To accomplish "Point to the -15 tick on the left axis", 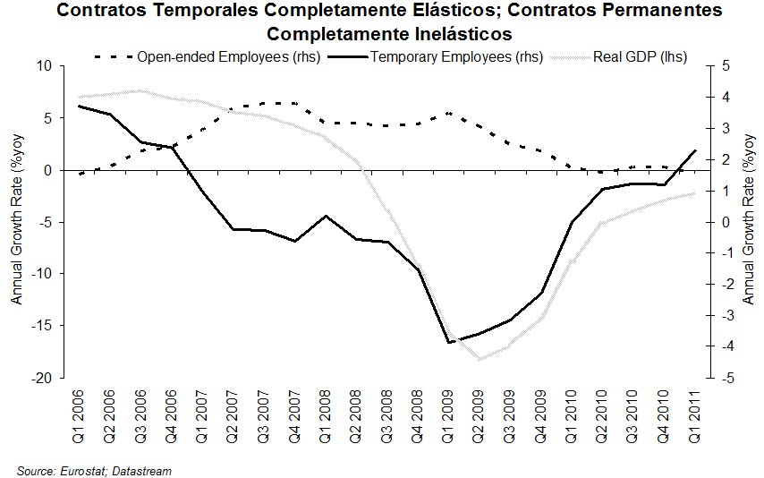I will pyautogui.click(x=41, y=326).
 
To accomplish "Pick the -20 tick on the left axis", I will pyautogui.click(x=41, y=379).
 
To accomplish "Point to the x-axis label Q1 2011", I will pyautogui.click(x=694, y=408).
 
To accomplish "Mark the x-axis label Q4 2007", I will pyautogui.click(x=295, y=408).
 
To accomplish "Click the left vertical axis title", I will pyautogui.click(x=17, y=222).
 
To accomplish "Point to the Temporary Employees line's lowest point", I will pyautogui.click(x=449, y=342).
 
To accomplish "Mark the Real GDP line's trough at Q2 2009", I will pyautogui.click(x=480, y=360).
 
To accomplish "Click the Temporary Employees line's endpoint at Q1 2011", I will pyautogui.click(x=694, y=150).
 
